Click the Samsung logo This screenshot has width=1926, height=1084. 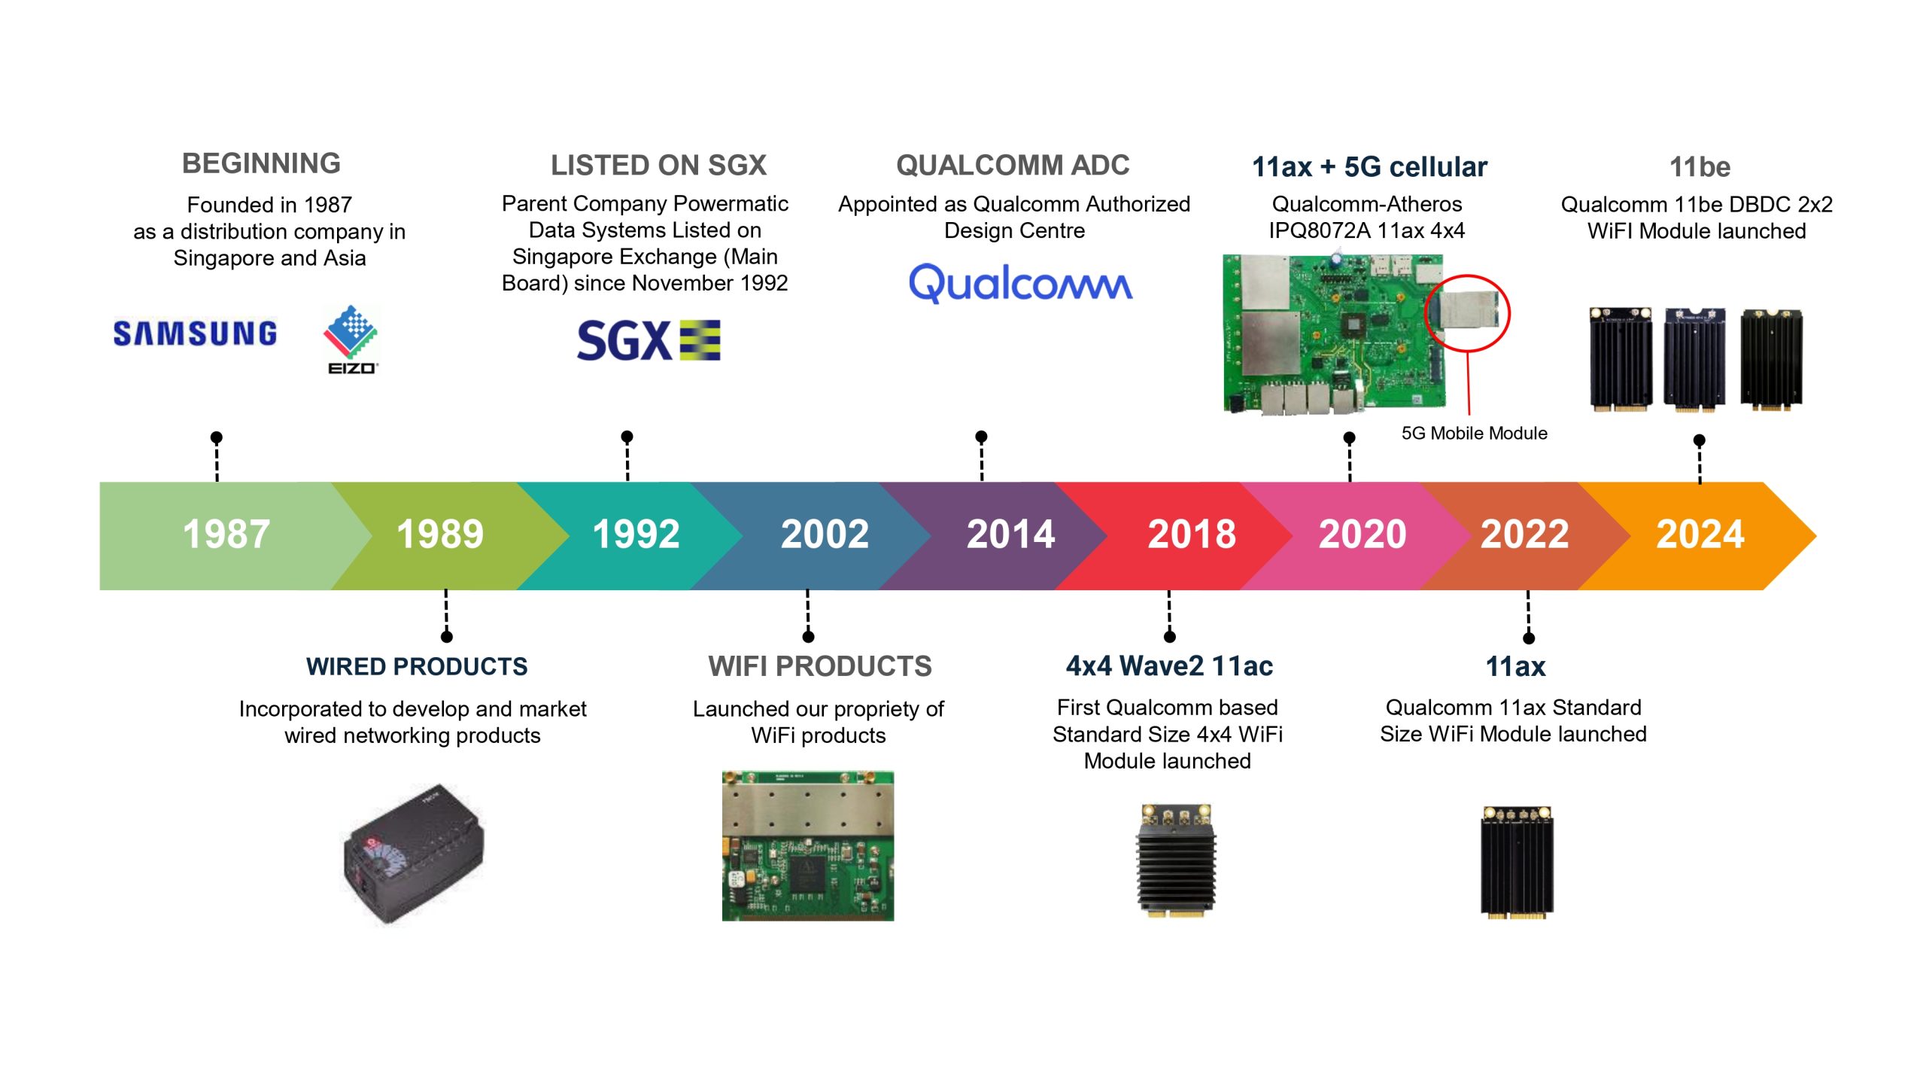pos(195,333)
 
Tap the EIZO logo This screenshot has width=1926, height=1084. pos(351,340)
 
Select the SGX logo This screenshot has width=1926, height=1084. pos(649,340)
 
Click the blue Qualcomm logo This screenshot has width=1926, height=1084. pos(1020,284)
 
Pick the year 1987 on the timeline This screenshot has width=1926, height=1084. pos(226,534)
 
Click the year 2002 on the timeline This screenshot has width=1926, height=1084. pos(825,534)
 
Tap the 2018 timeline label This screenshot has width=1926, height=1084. pos(1192,534)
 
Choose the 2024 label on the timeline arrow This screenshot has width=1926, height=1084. pos(1700,534)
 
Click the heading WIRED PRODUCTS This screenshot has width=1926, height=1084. pos(417,666)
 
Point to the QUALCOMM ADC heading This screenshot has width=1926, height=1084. pos(1013,165)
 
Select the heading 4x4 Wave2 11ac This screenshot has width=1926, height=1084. pos(1169,666)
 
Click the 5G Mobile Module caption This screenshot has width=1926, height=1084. pos(1474,433)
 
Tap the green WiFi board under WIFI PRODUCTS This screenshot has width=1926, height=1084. pos(808,845)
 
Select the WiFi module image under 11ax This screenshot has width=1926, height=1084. pos(1517,862)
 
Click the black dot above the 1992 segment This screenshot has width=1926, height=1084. pos(627,437)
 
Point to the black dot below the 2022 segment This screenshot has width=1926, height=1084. pos(1529,638)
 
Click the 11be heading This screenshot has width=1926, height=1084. pos(1700,166)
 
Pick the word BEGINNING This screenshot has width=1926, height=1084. pos(261,163)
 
